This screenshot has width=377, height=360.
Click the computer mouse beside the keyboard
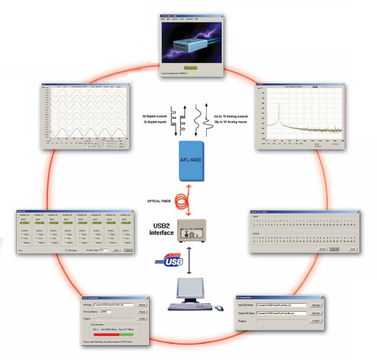pyautogui.click(x=219, y=307)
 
